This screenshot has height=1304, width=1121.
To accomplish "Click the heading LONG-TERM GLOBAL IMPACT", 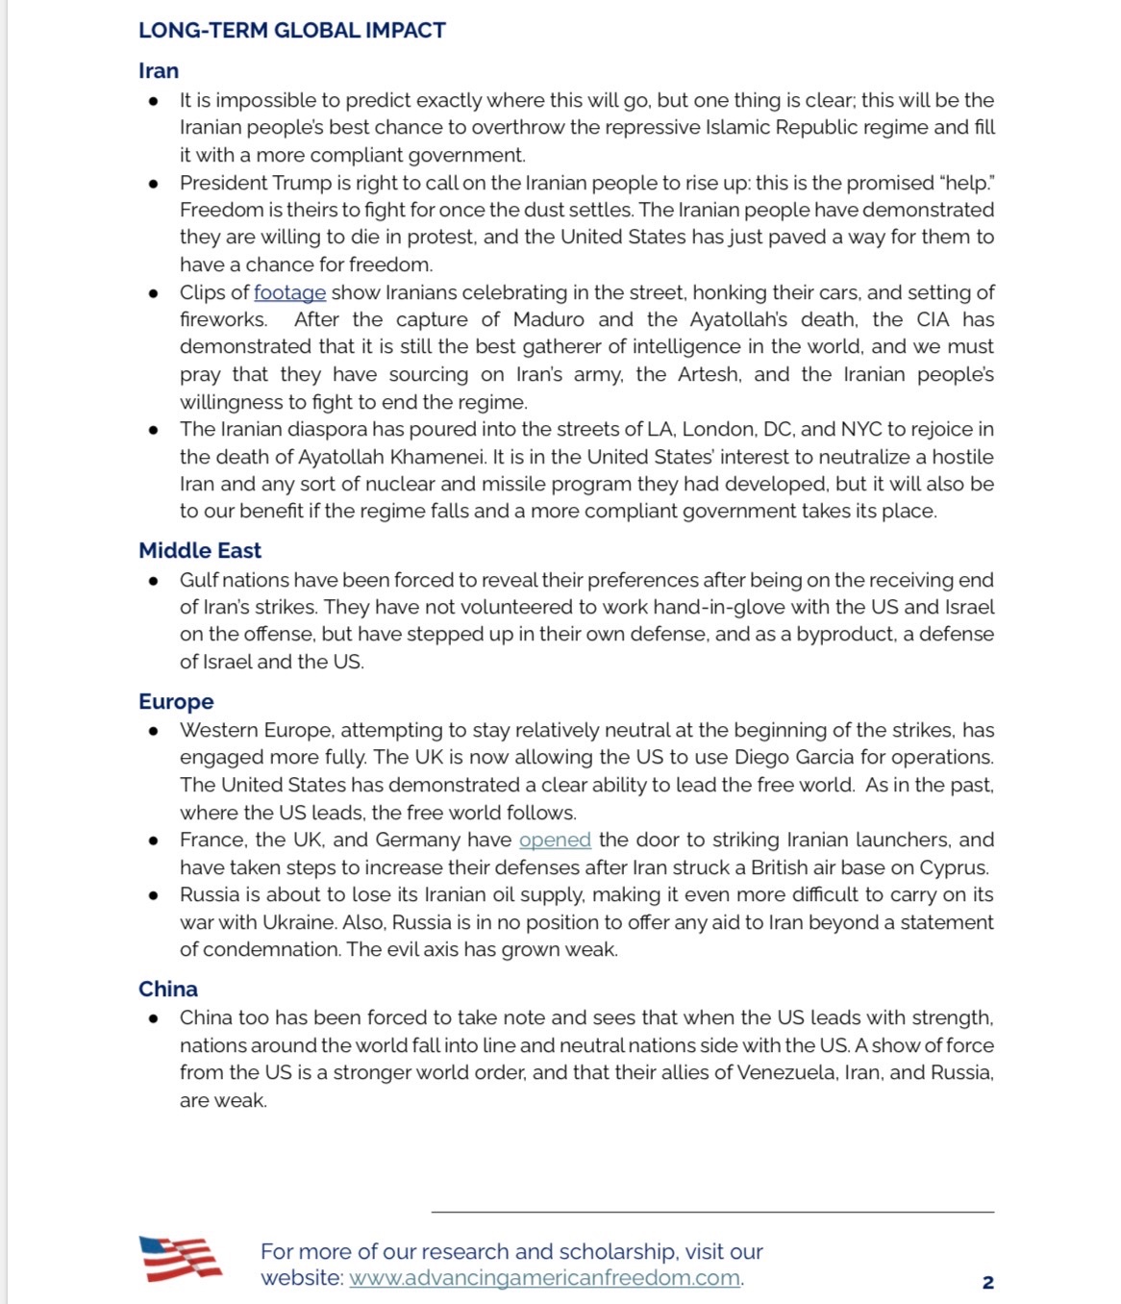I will point(291,31).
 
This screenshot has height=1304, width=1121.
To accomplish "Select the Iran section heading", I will point(159,71).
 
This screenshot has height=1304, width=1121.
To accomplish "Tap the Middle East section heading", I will point(200,550).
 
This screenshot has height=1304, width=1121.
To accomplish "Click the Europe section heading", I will point(176,701).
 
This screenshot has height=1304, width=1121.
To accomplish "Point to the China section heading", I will point(168,989).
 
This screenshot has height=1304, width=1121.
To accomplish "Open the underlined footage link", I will point(289,292).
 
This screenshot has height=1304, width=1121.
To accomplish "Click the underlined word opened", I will point(555,840).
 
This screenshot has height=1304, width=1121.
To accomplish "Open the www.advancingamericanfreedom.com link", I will point(544,1278).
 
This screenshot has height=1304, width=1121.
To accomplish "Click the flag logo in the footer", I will point(181,1259).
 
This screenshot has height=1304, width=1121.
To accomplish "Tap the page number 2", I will point(987,1282).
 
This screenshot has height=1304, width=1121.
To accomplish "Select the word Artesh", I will point(709,374).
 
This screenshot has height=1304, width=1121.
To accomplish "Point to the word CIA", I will point(930,319).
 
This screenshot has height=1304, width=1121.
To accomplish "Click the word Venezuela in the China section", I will point(786,1072).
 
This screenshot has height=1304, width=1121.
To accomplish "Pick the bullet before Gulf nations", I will point(153,581).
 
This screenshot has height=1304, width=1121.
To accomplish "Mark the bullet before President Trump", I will point(153,184).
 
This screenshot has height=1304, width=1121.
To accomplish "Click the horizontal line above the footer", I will point(712,1212).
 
